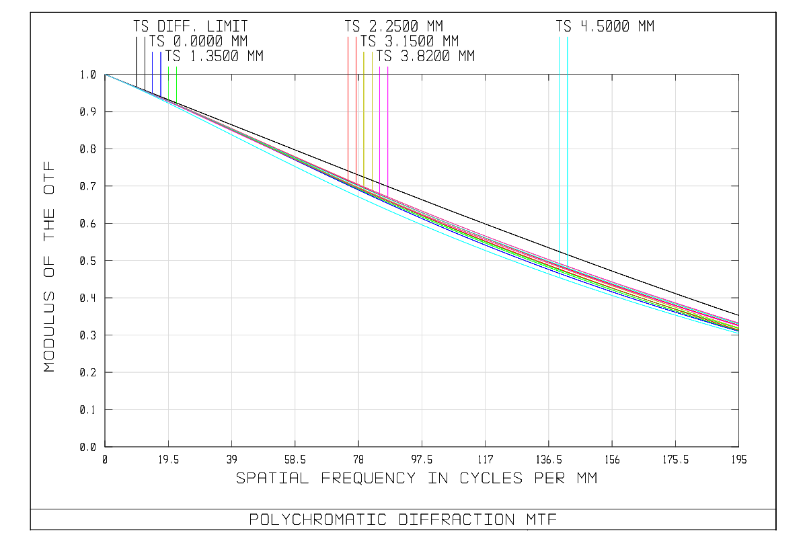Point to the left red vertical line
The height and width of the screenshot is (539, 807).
pyautogui.click(x=348, y=101)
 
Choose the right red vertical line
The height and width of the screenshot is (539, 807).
pyautogui.click(x=356, y=101)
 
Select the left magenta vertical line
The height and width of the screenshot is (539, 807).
pyautogui.click(x=380, y=121)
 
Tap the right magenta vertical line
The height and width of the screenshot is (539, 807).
pyautogui.click(x=388, y=121)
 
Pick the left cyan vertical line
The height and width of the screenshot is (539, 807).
pyautogui.click(x=559, y=134)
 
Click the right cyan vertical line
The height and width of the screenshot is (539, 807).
pyautogui.click(x=568, y=134)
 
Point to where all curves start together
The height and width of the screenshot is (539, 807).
pyautogui.click(x=106, y=75)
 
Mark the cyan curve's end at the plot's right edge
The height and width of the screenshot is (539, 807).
pyautogui.click(x=738, y=333)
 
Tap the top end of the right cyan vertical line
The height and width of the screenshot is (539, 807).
pyautogui.click(x=568, y=37)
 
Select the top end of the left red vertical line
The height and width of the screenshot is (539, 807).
pyautogui.click(x=348, y=37)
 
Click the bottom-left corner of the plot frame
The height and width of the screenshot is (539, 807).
pyautogui.click(x=105, y=446)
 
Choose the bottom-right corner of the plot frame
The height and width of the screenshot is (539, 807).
pyautogui.click(x=738, y=446)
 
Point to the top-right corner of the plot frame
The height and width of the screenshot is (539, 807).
pyautogui.click(x=738, y=75)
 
